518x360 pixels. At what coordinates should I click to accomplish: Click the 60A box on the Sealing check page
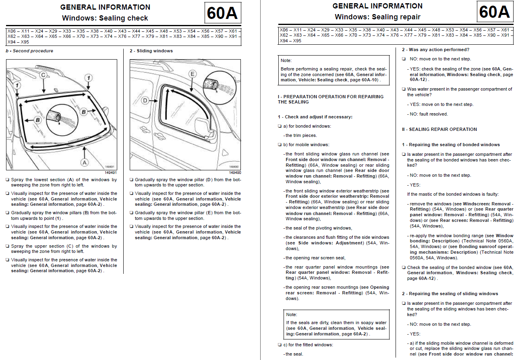pyautogui.click(x=223, y=13)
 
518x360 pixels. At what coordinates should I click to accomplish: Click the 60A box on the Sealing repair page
pyautogui.click(x=495, y=12)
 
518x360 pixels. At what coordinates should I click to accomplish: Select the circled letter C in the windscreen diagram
pyautogui.click(x=43, y=75)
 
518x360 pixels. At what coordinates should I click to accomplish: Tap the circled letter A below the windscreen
pyautogui.click(x=85, y=163)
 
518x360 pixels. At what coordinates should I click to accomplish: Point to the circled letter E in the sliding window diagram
pyautogui.click(x=192, y=74)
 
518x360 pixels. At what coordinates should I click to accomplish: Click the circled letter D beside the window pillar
pyautogui.click(x=145, y=101)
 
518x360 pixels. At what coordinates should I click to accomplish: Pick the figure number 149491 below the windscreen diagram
pyautogui.click(x=111, y=173)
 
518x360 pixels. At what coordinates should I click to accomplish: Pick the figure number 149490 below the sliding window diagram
pyautogui.click(x=235, y=173)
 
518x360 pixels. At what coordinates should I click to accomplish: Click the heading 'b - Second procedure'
pyautogui.click(x=29, y=51)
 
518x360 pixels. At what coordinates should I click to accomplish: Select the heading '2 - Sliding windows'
pyautogui.click(x=151, y=51)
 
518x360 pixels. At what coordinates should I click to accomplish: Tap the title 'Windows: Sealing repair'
pyautogui.click(x=378, y=17)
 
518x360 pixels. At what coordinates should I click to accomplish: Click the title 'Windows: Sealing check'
pyautogui.click(x=105, y=18)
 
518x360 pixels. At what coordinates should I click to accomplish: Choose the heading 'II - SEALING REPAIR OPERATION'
pyautogui.click(x=439, y=130)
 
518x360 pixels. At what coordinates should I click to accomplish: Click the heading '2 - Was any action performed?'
pyautogui.click(x=435, y=50)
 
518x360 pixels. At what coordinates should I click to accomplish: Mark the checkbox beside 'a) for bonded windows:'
pyautogui.click(x=280, y=126)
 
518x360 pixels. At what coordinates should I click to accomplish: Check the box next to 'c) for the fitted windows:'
pyautogui.click(x=280, y=345)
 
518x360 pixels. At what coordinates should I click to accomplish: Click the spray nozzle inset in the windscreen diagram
pyautogui.click(x=62, y=120)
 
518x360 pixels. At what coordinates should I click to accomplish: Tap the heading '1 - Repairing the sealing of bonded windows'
pyautogui.click(x=451, y=145)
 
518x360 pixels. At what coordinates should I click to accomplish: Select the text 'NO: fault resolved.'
pyautogui.click(x=429, y=114)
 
